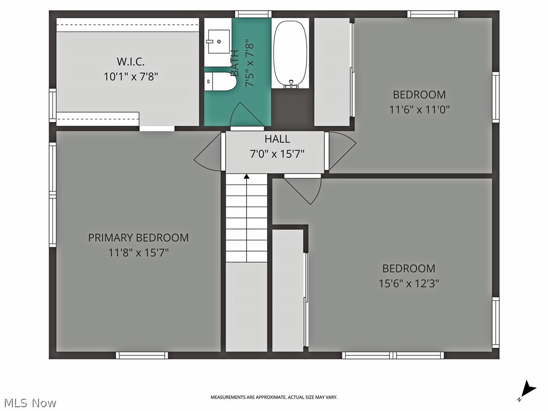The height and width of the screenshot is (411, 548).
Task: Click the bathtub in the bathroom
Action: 290,54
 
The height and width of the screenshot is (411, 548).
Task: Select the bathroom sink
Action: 218,41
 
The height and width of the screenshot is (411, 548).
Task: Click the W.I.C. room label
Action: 131,61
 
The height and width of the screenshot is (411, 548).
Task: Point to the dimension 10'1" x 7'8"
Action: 131,77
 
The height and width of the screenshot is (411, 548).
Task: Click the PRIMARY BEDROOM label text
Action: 138,238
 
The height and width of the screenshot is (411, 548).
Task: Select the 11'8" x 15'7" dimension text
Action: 138,253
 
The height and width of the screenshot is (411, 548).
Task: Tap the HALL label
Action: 277,139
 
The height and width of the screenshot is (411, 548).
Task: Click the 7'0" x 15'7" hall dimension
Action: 277,154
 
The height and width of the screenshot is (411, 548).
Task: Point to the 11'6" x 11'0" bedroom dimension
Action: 419,110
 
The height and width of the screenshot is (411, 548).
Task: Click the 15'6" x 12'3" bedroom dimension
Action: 408,284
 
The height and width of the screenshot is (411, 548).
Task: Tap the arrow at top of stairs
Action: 246,176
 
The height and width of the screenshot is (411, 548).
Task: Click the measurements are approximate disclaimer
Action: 273,397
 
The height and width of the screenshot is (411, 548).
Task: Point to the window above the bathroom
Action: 253,14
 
